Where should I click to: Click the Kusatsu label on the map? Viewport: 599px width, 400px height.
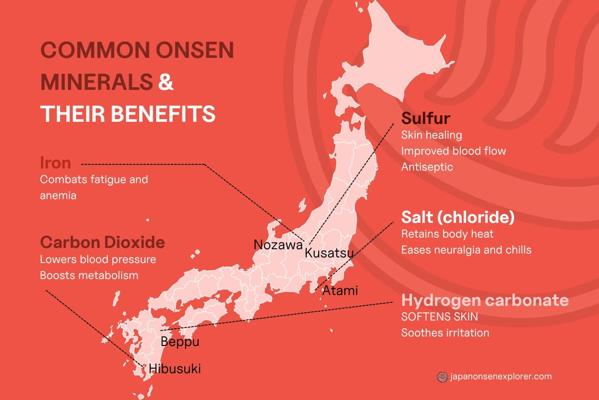[329, 253]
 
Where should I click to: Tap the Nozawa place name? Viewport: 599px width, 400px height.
[278, 244]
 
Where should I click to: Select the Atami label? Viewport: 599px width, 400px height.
[340, 290]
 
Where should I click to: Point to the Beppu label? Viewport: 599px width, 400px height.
[180, 342]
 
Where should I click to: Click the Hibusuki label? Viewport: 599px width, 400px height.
[175, 368]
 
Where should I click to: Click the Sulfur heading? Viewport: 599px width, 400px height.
[426, 118]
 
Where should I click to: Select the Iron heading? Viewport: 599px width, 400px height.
[55, 163]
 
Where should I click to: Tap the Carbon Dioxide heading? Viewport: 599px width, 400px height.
[102, 242]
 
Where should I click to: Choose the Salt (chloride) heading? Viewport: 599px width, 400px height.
[458, 217]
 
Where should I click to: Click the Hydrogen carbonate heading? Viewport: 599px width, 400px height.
[485, 300]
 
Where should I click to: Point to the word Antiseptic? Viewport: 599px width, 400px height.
[427, 167]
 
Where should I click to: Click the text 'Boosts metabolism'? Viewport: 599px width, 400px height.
[89, 275]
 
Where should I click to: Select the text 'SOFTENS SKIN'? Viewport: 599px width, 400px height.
[439, 317]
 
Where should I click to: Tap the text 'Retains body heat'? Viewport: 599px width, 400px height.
[447, 234]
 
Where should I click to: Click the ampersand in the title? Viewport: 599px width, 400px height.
[166, 82]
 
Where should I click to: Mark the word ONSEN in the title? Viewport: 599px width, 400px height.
[194, 50]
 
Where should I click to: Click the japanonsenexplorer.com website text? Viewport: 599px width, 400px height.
[501, 376]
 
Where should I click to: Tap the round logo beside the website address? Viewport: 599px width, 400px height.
[442, 377]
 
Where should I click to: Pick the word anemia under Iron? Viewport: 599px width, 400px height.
[58, 195]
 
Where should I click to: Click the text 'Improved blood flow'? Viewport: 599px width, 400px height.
[453, 151]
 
